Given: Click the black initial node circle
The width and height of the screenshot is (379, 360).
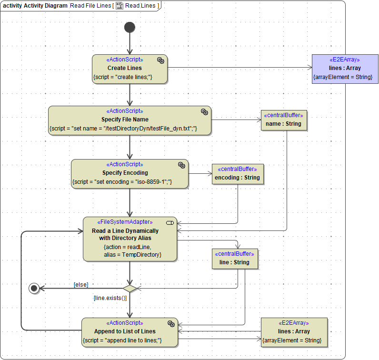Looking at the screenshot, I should (130, 27).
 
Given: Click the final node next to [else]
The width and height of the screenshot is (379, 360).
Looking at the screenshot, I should (33, 288).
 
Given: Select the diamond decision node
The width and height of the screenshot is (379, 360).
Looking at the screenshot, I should (130, 288).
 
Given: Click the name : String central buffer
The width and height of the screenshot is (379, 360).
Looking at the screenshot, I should (283, 120).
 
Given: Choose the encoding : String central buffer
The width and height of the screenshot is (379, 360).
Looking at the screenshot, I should (237, 174).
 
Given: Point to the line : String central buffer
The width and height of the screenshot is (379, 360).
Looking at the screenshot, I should (234, 259).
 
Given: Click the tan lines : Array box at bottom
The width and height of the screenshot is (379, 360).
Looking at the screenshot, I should (294, 331).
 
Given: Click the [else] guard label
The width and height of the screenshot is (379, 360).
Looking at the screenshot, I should (80, 284).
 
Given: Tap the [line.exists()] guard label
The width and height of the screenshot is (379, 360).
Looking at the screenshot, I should (110, 298).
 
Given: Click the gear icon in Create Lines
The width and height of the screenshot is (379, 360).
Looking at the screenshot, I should (160, 60).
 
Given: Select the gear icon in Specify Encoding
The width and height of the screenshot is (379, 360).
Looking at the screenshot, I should (181, 165).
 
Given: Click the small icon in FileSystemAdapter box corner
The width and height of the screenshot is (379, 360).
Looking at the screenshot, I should (170, 222).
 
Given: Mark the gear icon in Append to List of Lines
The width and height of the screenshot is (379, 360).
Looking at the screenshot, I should (171, 323).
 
